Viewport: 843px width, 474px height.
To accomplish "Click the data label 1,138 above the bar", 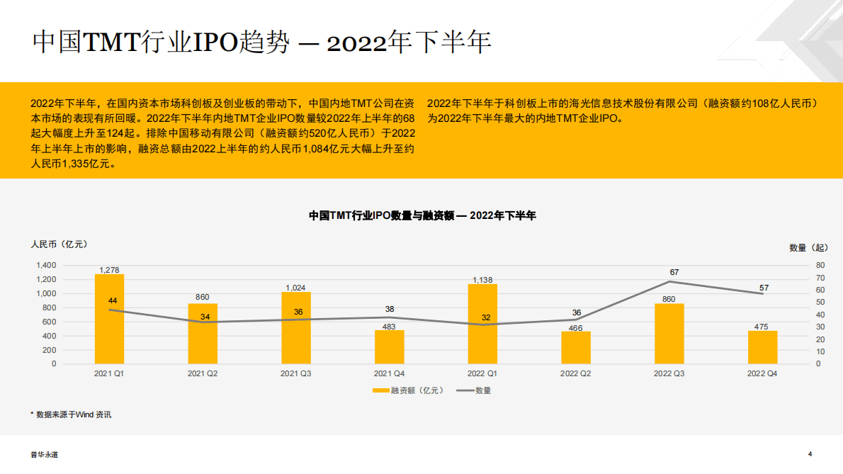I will coord(482,280).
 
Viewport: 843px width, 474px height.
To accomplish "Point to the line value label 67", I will coord(674,272).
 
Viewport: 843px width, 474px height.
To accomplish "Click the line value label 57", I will coord(764,288).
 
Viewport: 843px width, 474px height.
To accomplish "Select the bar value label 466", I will coord(576,327).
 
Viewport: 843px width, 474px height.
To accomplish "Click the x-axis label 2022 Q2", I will coord(576,373).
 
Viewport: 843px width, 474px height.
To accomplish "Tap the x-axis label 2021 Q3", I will coord(296,373).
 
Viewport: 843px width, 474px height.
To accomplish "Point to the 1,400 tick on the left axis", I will coord(45,265).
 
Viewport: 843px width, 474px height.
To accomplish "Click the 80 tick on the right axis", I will coord(820,265).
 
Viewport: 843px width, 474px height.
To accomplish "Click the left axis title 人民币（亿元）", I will coord(59,244).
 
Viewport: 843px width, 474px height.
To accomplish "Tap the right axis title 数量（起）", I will coord(808,247).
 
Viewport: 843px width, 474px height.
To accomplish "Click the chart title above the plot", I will coord(422,215).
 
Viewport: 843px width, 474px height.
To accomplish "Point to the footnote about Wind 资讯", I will coord(71,414).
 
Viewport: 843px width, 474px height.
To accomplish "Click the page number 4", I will coord(810,454).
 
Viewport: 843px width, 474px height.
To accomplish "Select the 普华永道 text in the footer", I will coord(44,455).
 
